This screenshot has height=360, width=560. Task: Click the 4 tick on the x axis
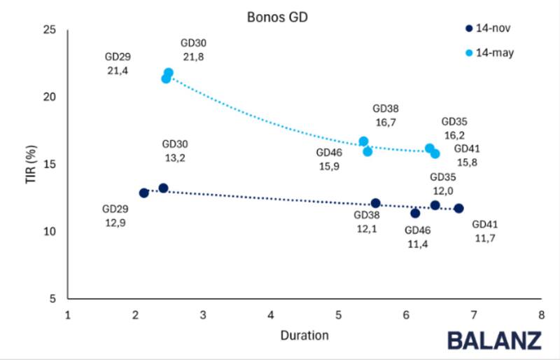270,315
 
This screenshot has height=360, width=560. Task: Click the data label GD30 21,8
193,50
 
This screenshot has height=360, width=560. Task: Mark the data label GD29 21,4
118,64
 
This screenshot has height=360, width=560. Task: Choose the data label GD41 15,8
467,155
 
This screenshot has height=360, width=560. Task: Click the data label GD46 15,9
328,159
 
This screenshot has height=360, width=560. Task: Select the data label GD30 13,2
175,151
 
